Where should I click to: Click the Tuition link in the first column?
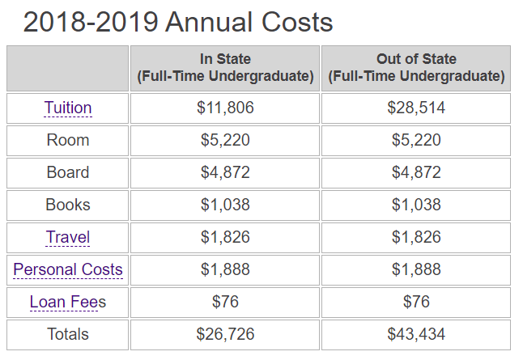tap(68, 108)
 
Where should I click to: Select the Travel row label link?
tap(68, 237)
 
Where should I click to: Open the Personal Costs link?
tap(68, 269)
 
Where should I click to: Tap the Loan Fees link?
tap(68, 302)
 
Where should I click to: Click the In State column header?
tap(225, 68)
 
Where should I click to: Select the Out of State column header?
tap(416, 68)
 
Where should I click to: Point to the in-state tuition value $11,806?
tap(225, 108)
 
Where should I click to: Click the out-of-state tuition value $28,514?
tap(416, 108)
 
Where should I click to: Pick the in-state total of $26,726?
tap(225, 334)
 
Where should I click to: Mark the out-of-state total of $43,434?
tap(416, 334)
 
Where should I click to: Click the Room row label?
tap(68, 140)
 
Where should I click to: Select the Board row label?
tap(68, 172)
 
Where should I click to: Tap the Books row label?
tap(68, 205)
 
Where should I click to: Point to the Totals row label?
tap(68, 334)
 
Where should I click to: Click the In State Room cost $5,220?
tap(225, 140)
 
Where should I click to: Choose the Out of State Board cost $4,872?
tap(416, 172)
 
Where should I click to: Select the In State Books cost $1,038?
tap(225, 205)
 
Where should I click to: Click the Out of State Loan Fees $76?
tap(416, 302)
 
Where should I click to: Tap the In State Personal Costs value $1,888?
tap(225, 269)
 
